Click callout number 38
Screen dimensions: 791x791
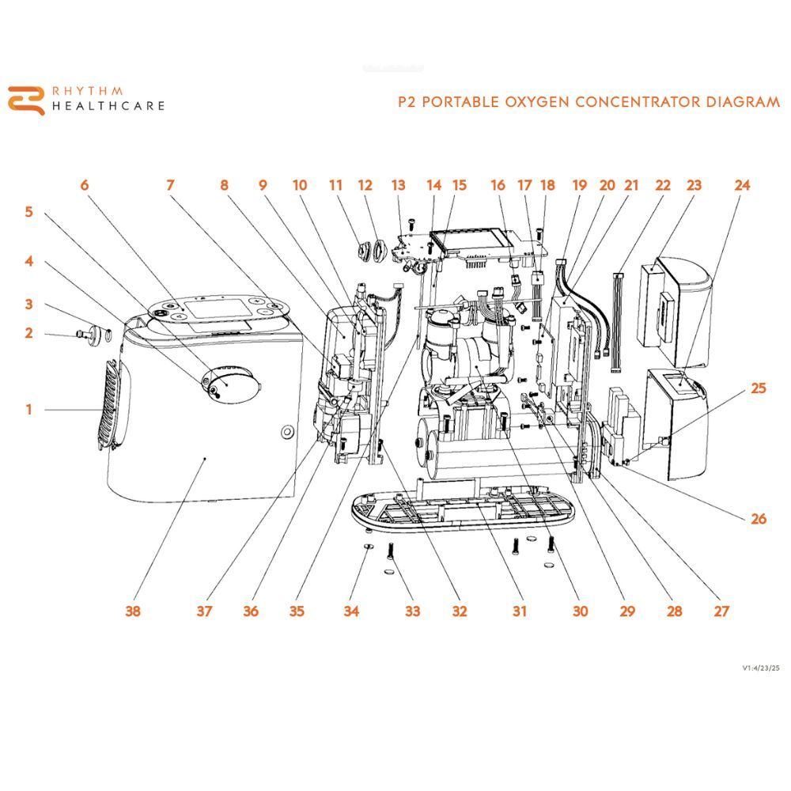133,611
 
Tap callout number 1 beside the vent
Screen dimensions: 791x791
28,410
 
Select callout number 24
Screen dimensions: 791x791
742,185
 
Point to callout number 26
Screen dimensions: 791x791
759,519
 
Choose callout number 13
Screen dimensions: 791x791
398,185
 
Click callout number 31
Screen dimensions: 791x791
519,611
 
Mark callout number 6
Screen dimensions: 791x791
85,185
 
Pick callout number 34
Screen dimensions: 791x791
351,611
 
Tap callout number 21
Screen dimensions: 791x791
630,185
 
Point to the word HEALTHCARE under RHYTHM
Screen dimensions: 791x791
108,106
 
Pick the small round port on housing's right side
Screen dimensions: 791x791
286,431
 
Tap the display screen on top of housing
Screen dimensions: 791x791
215,307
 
